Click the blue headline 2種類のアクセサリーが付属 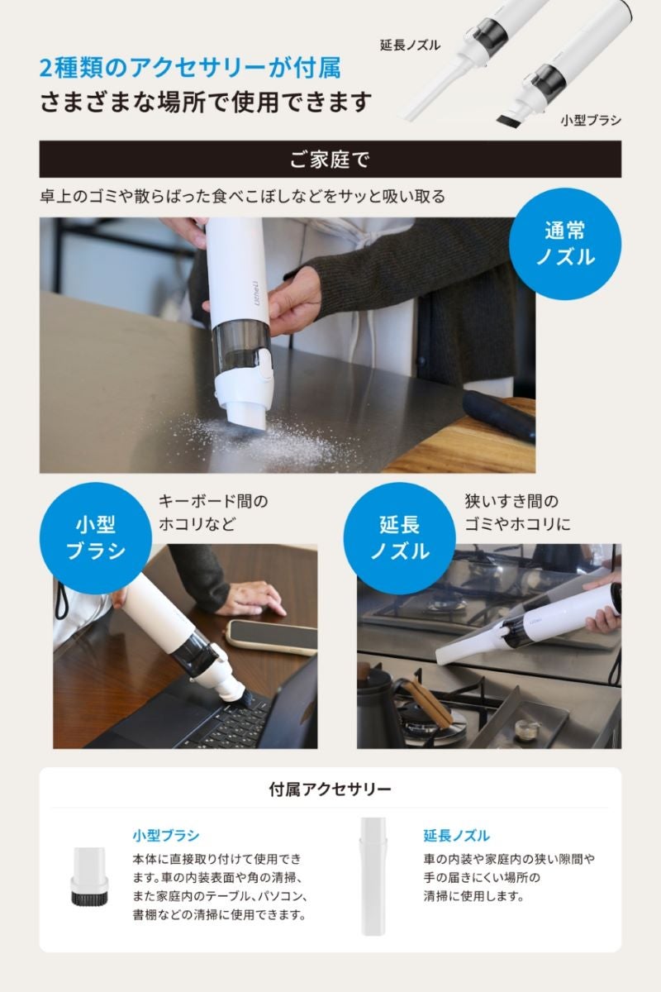point(190,68)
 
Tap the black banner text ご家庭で point(330,160)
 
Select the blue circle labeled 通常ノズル point(564,244)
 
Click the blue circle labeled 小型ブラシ point(96,538)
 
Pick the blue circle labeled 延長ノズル point(399,538)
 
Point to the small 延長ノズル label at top point(410,45)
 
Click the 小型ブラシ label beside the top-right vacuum point(591,120)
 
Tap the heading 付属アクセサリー point(330,789)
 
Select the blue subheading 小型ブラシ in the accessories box point(166,835)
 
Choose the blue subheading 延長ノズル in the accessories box point(456,835)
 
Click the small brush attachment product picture point(90,876)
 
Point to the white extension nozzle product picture point(373,876)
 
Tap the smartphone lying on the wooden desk point(271,637)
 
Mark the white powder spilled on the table point(266,437)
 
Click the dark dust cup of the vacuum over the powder point(241,346)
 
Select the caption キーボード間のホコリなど point(213,513)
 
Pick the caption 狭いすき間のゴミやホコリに point(517,513)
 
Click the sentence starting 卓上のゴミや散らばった point(242,196)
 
